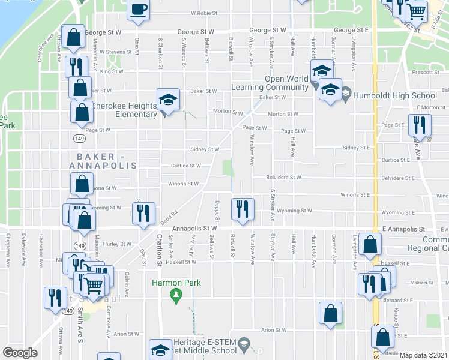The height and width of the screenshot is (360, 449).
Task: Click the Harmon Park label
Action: click(x=176, y=283)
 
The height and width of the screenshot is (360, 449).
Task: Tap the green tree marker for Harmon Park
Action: click(x=176, y=295)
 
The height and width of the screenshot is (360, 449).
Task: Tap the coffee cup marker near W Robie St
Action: click(x=139, y=10)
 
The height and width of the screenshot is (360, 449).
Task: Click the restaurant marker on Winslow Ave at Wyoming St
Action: click(x=241, y=209)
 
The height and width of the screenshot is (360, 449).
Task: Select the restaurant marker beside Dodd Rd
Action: click(x=143, y=214)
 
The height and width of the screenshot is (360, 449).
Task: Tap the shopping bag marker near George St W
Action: click(x=73, y=38)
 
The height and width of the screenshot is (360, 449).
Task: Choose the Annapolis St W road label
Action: click(x=194, y=229)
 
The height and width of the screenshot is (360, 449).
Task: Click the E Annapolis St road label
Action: click(x=403, y=229)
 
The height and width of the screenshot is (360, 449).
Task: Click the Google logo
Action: click(x=20, y=353)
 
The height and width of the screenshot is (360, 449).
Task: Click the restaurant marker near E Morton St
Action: click(x=419, y=125)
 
